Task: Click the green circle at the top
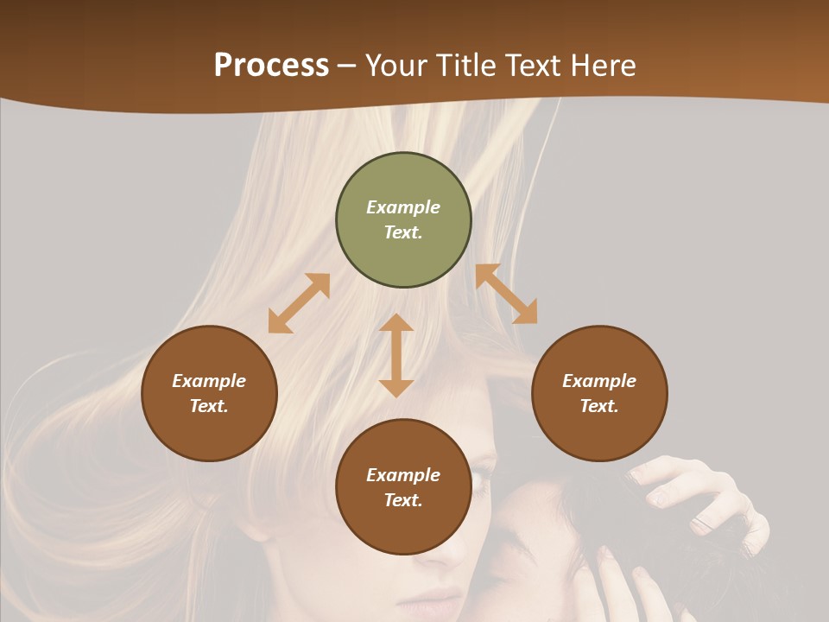pos(403,220)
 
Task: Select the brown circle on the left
pos(209,393)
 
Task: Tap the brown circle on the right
pos(599,393)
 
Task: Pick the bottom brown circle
pos(403,487)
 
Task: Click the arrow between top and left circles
pos(299,303)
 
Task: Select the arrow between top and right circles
pos(506,294)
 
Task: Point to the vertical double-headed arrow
pos(396,355)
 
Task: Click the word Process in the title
pos(271,65)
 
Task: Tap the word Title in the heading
pos(466,65)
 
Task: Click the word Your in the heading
pos(396,65)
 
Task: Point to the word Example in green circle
pos(403,207)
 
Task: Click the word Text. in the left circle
pos(209,406)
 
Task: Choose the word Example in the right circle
pos(599,381)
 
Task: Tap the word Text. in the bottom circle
pos(403,500)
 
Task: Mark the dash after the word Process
pos(347,66)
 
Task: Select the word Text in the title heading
pos(534,65)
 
